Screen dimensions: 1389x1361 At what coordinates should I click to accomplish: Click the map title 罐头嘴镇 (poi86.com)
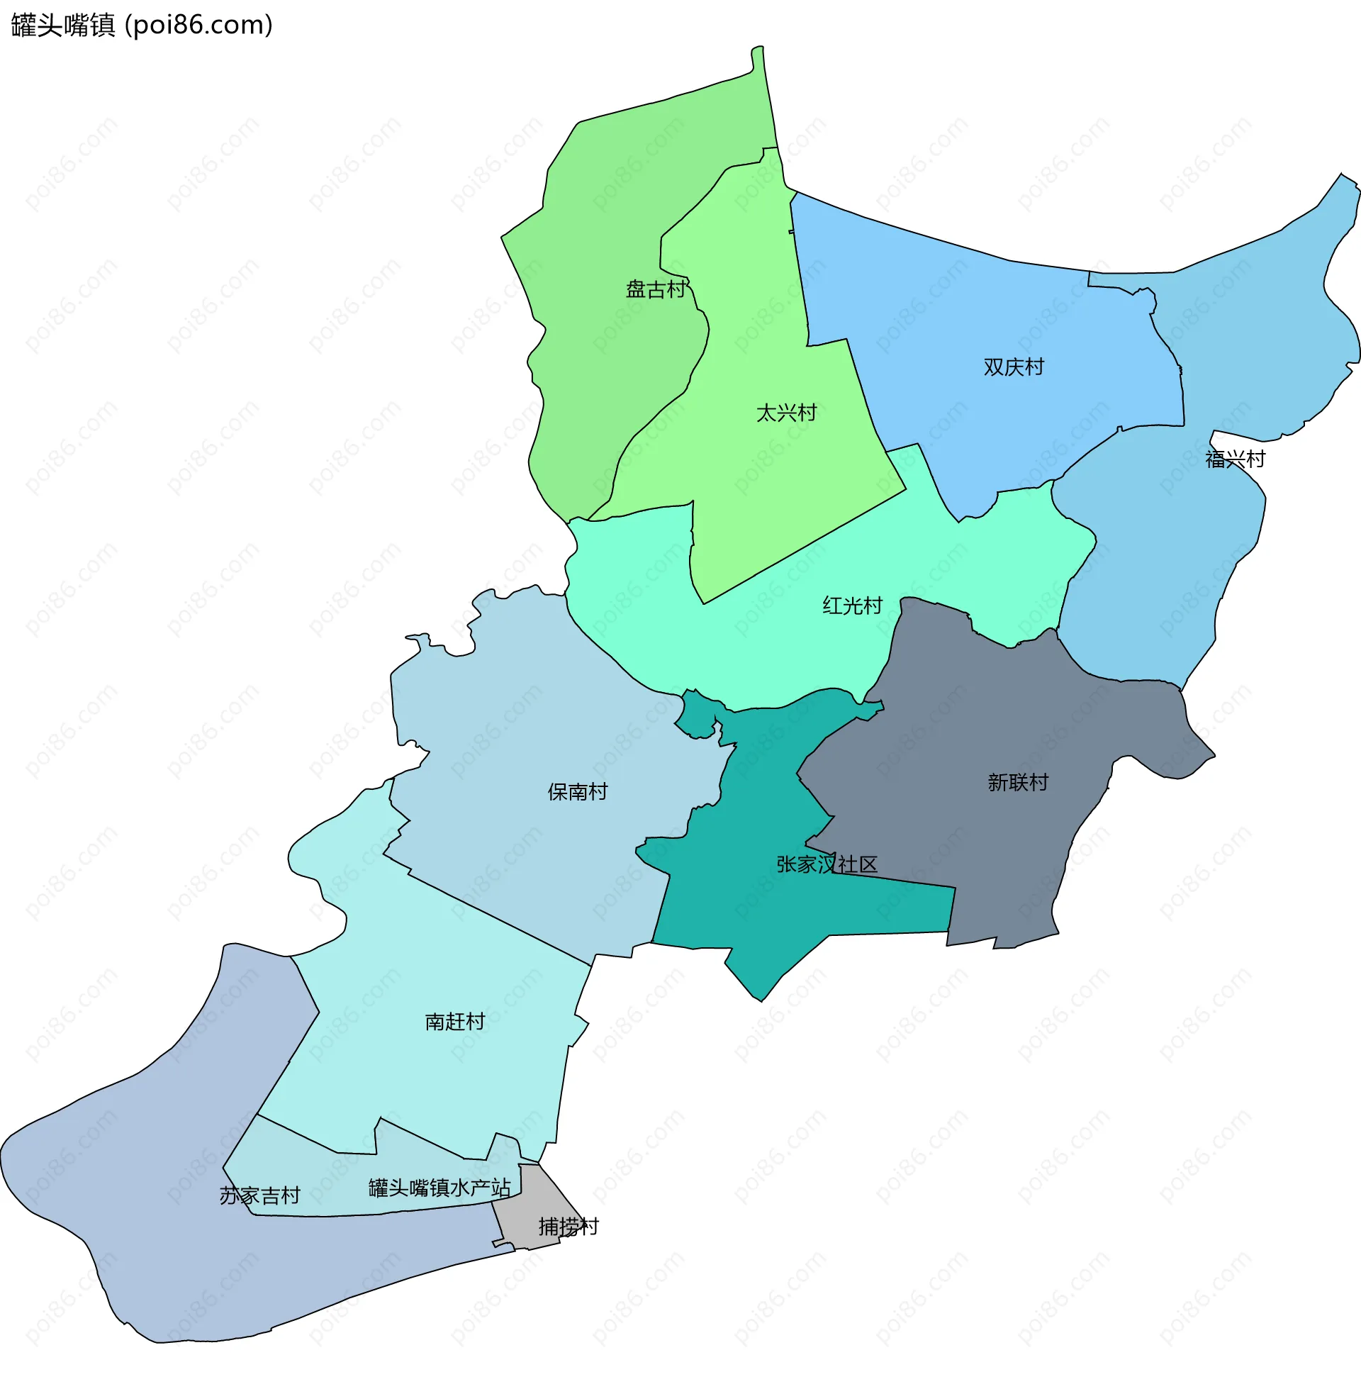pos(142,26)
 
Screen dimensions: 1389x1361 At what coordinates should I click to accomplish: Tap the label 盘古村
pos(656,289)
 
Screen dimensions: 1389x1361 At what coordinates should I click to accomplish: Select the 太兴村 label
pos(786,413)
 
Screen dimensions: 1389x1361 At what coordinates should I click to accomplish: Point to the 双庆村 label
pos(1014,367)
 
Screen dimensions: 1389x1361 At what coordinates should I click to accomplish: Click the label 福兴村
pos(1236,459)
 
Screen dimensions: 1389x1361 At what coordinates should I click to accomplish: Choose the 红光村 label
pos(852,606)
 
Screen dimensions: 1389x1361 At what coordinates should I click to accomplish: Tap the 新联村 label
pos(1018,783)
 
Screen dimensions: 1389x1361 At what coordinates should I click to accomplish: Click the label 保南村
pos(578,792)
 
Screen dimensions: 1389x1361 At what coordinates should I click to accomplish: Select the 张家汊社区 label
pos(827,865)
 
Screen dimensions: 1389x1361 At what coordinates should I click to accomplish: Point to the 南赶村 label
pos(454,1022)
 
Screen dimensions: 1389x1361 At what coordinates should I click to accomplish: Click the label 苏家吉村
pos(259,1196)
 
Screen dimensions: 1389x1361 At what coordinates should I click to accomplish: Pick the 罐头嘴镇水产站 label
pos(439,1188)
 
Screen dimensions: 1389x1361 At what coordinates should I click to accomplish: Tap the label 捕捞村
pos(569,1227)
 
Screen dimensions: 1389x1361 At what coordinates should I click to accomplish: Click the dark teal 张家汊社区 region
pos(751,908)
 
